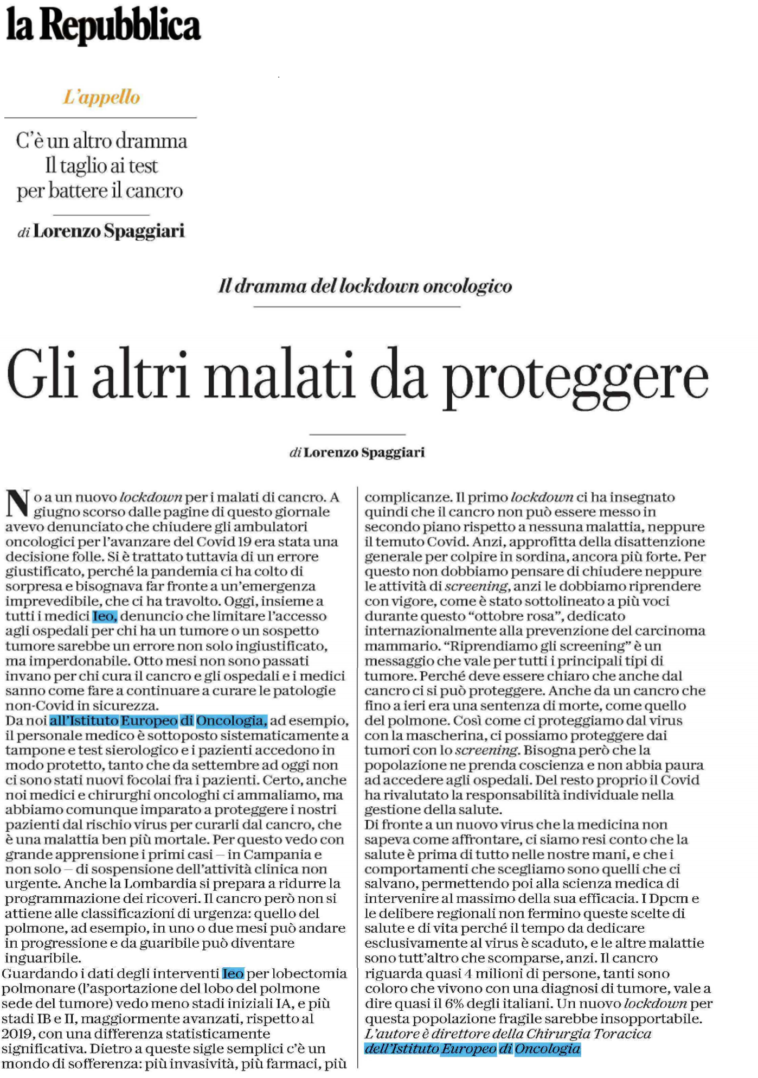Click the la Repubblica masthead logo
103,25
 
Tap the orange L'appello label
101,97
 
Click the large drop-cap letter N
17,504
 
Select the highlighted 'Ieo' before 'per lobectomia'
233,974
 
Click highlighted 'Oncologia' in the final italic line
547,1049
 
